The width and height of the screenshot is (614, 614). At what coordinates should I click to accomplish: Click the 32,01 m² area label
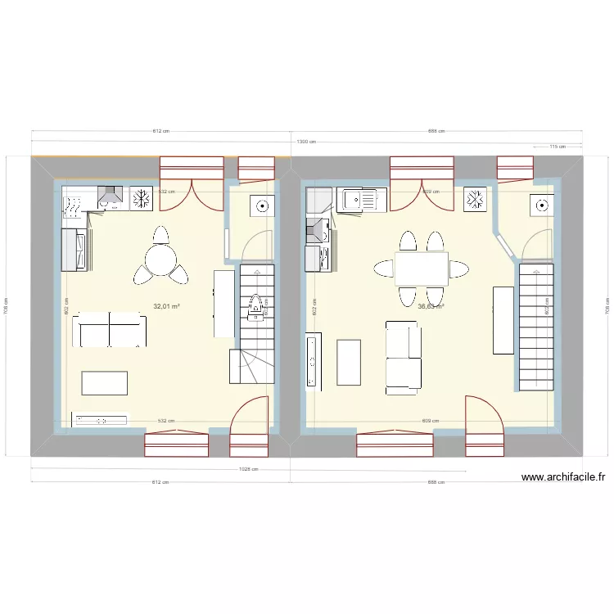click(166, 307)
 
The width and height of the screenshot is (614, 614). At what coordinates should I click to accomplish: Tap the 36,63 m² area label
click(431, 307)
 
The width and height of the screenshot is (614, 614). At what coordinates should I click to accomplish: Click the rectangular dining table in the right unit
click(421, 268)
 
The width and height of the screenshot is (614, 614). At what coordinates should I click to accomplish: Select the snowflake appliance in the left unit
click(142, 197)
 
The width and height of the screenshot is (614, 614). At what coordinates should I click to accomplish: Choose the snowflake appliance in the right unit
click(475, 199)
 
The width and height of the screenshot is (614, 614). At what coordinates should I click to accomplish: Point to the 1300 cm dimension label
click(306, 142)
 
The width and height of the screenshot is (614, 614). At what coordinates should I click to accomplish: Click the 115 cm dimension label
click(557, 147)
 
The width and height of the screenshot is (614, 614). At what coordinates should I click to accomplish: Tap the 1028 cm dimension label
click(249, 469)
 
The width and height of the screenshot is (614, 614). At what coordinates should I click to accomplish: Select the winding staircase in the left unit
click(255, 323)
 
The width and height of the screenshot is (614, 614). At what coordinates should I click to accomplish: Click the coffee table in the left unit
click(105, 383)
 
